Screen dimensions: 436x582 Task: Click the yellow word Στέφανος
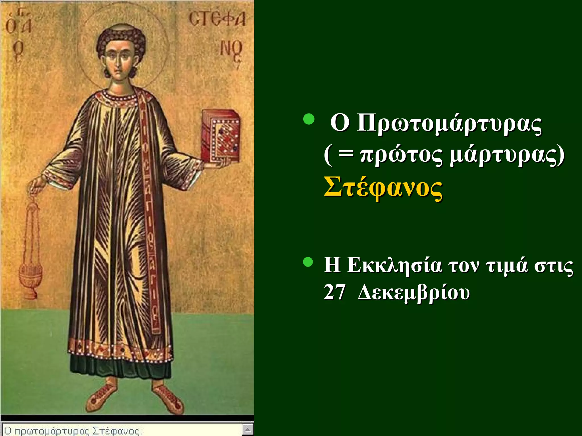tap(383, 188)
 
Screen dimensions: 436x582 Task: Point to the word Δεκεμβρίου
tap(413, 292)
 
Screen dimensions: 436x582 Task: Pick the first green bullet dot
tap(308, 119)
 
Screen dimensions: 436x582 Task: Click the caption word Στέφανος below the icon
tap(117, 431)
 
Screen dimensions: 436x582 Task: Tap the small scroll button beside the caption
tap(248, 429)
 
